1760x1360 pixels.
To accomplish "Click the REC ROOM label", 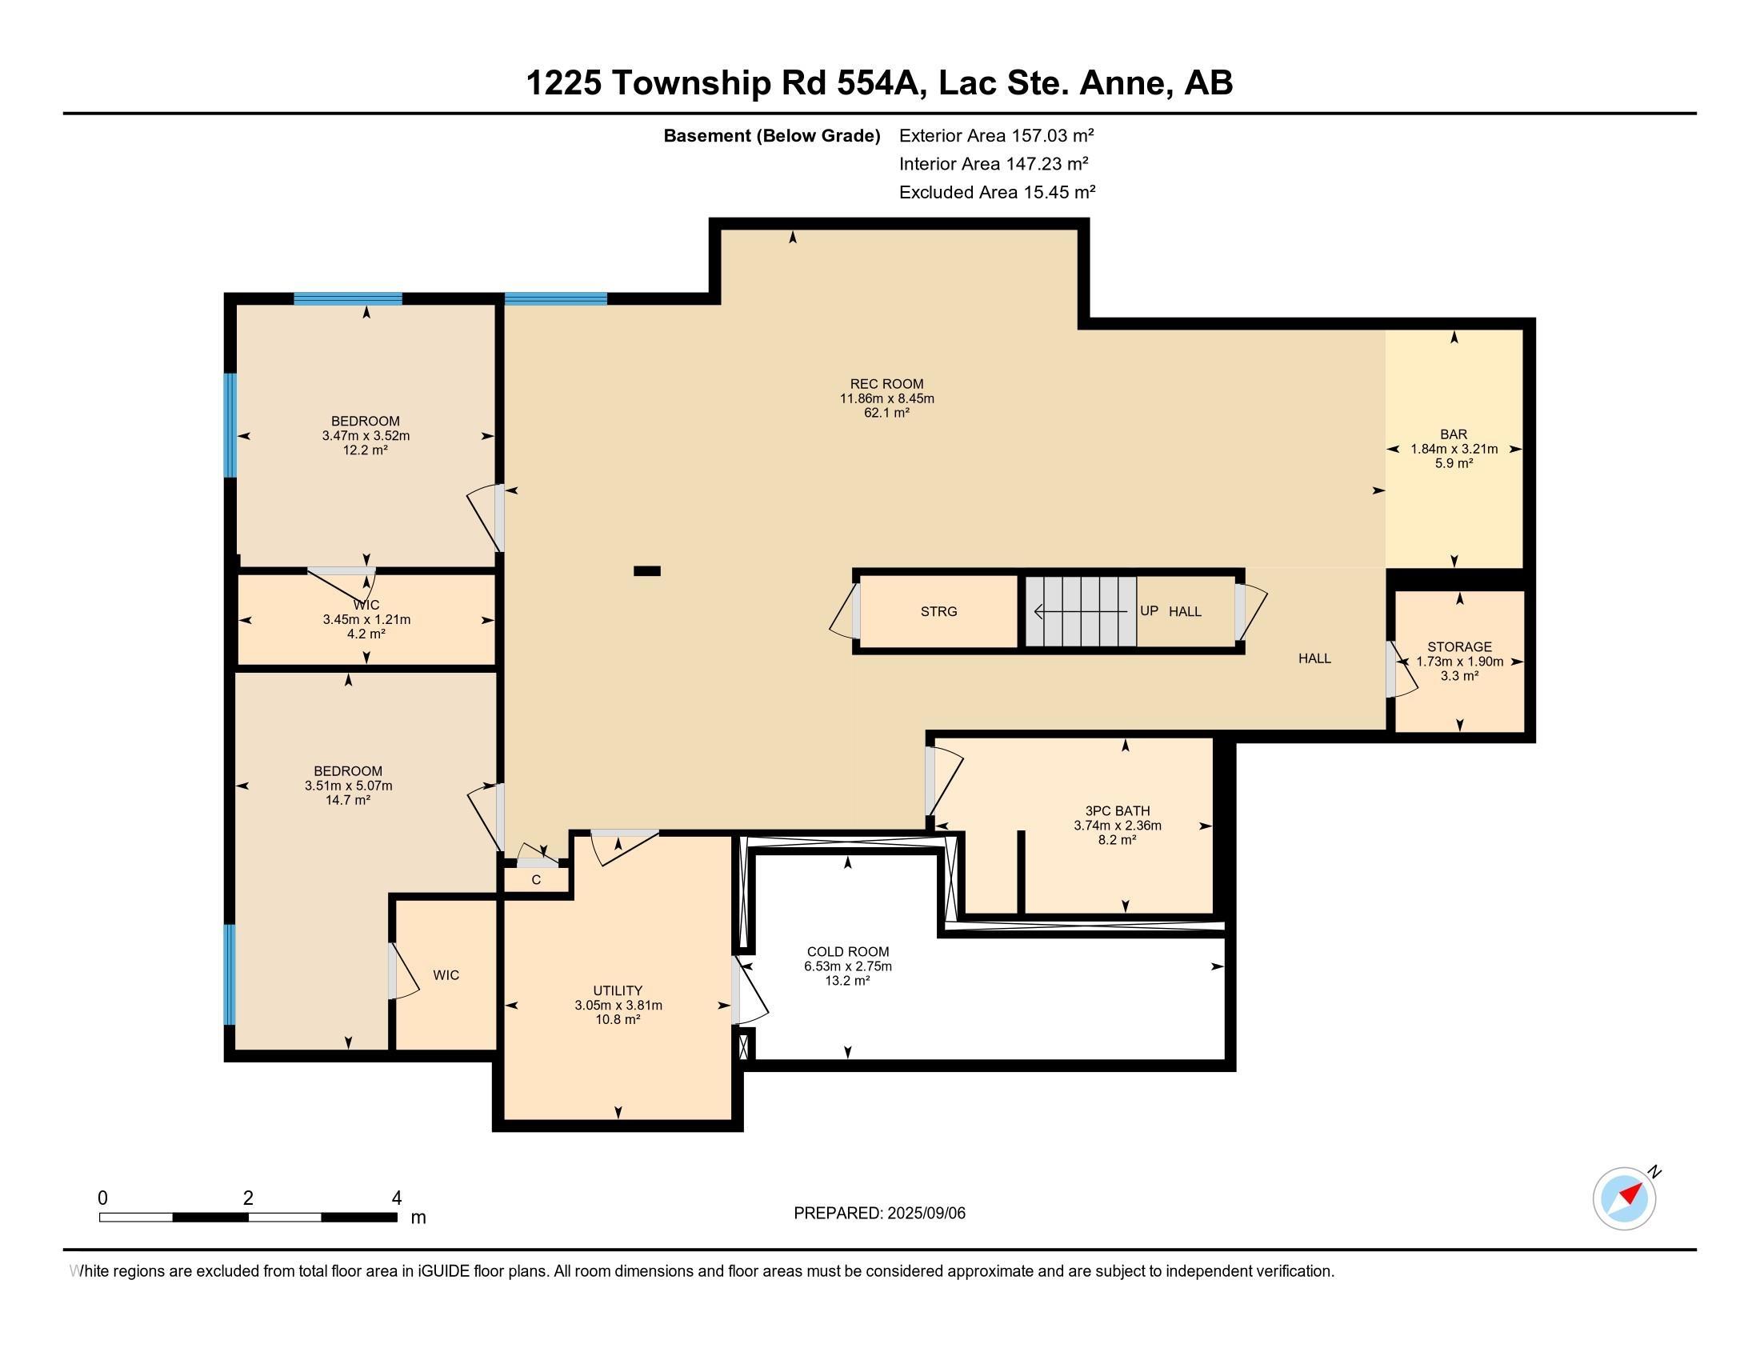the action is coord(886,384).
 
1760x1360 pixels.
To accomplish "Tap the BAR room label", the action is coord(1454,434).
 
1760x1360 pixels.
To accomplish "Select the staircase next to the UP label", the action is coord(1081,611).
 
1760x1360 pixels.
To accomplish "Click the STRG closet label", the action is coord(939,611).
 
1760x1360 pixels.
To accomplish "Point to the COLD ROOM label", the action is coord(848,951).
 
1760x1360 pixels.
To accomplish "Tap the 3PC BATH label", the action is coord(1118,810).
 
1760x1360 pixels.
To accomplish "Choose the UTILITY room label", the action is coord(618,990).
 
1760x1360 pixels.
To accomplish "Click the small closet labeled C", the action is coord(537,880).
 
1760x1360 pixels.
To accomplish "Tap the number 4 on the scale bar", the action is coord(397,1198).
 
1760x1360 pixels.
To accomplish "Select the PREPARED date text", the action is coord(879,1214).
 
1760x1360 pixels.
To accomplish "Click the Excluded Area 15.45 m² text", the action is coord(997,192).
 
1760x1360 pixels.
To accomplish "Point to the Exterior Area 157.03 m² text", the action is coord(996,135).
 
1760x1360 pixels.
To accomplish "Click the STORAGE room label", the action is coord(1459,647).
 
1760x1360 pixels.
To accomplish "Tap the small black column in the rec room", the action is coord(647,571).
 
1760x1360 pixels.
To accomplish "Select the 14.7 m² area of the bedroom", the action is coord(348,800).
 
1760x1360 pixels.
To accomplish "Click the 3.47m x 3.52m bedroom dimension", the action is coord(366,436).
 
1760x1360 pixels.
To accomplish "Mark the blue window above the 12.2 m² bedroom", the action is coord(348,299).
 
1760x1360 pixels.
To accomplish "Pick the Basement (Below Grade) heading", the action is coord(771,136).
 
